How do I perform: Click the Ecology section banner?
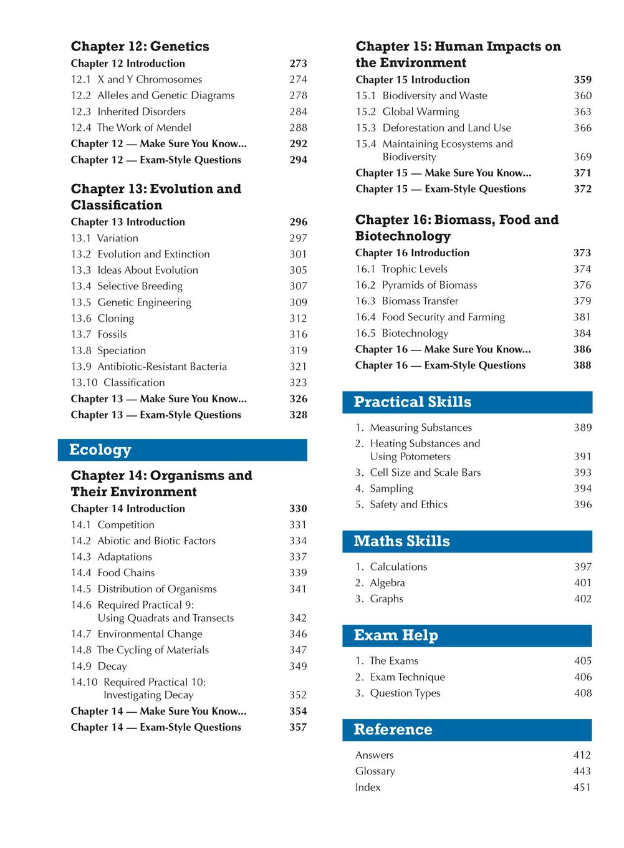point(182,450)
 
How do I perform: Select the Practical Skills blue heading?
point(467,402)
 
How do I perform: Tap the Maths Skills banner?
point(467,541)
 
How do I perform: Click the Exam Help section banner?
point(467,635)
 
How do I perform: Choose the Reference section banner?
point(467,730)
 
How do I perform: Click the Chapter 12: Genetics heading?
point(140,46)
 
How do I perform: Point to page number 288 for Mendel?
point(298,128)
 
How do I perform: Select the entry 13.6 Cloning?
point(102,319)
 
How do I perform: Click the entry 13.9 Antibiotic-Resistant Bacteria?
point(149,367)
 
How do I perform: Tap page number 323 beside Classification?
point(298,383)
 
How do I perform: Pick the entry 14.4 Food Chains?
point(113,573)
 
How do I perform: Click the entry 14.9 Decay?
point(98,666)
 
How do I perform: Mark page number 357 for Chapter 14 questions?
point(298,727)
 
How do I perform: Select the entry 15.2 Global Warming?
point(407,112)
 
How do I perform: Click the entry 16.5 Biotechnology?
point(401,334)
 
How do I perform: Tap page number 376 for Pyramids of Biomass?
point(582,285)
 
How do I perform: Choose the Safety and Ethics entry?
point(401,504)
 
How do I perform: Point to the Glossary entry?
point(375,771)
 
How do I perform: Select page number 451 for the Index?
point(582,788)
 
